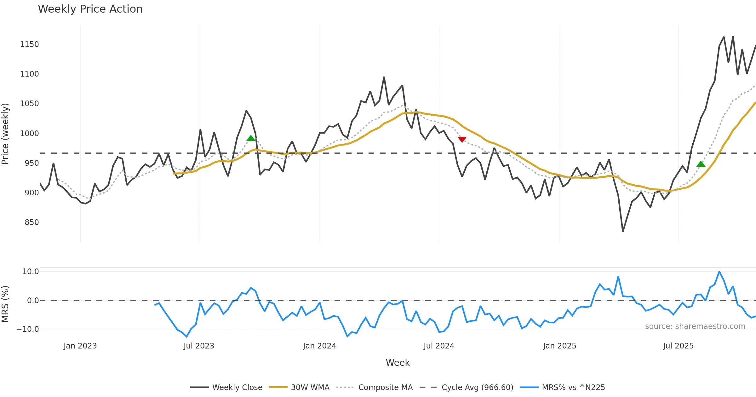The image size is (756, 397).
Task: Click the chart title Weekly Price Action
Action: click(90, 9)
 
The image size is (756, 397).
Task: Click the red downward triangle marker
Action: click(462, 140)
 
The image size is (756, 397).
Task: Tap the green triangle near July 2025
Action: click(701, 164)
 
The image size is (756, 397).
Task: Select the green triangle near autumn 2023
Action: click(251, 138)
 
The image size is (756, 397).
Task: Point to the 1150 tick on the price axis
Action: click(29, 44)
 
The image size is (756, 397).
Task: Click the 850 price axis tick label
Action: click(31, 222)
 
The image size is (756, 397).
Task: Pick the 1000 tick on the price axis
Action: click(29, 134)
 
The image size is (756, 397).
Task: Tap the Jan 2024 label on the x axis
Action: click(319, 346)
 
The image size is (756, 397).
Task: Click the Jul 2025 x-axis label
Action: click(678, 346)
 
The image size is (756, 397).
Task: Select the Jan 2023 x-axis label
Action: click(80, 346)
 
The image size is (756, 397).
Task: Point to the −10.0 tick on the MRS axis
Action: click(27, 329)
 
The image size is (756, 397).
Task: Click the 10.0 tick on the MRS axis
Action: click(30, 272)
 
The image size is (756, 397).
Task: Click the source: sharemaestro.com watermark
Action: click(695, 326)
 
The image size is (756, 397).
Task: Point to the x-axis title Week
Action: click(398, 363)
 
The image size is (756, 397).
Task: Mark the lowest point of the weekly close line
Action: click(623, 231)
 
